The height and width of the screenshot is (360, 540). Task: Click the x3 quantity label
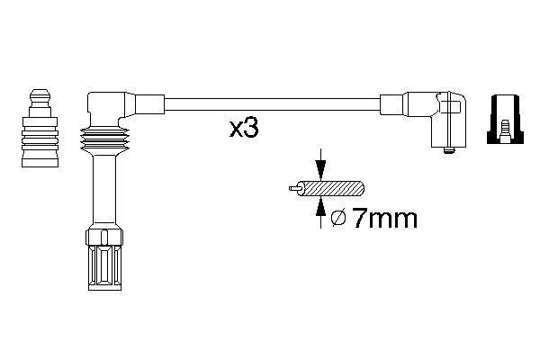point(244,128)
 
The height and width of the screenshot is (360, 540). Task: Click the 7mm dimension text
point(385,219)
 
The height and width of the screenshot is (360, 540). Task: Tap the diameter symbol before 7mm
point(338,219)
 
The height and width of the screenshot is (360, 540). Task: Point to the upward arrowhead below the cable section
point(321,207)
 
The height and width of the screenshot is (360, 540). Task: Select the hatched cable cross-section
point(330,188)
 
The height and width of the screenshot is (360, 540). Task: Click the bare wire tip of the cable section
point(294,188)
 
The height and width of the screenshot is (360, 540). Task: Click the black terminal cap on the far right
point(505,119)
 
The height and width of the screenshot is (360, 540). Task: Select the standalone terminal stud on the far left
point(40,129)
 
